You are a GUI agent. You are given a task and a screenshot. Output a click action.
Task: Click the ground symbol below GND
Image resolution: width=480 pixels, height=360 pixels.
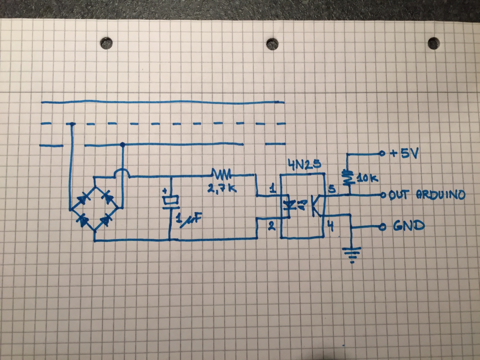click(x=352, y=254)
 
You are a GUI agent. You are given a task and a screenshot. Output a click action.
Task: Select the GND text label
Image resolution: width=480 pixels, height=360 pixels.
click(x=409, y=226)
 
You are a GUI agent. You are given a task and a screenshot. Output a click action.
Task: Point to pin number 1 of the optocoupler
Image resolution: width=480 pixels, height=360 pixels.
click(x=272, y=189)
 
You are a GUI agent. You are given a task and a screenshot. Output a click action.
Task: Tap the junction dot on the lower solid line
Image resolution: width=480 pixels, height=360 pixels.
click(x=123, y=145)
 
